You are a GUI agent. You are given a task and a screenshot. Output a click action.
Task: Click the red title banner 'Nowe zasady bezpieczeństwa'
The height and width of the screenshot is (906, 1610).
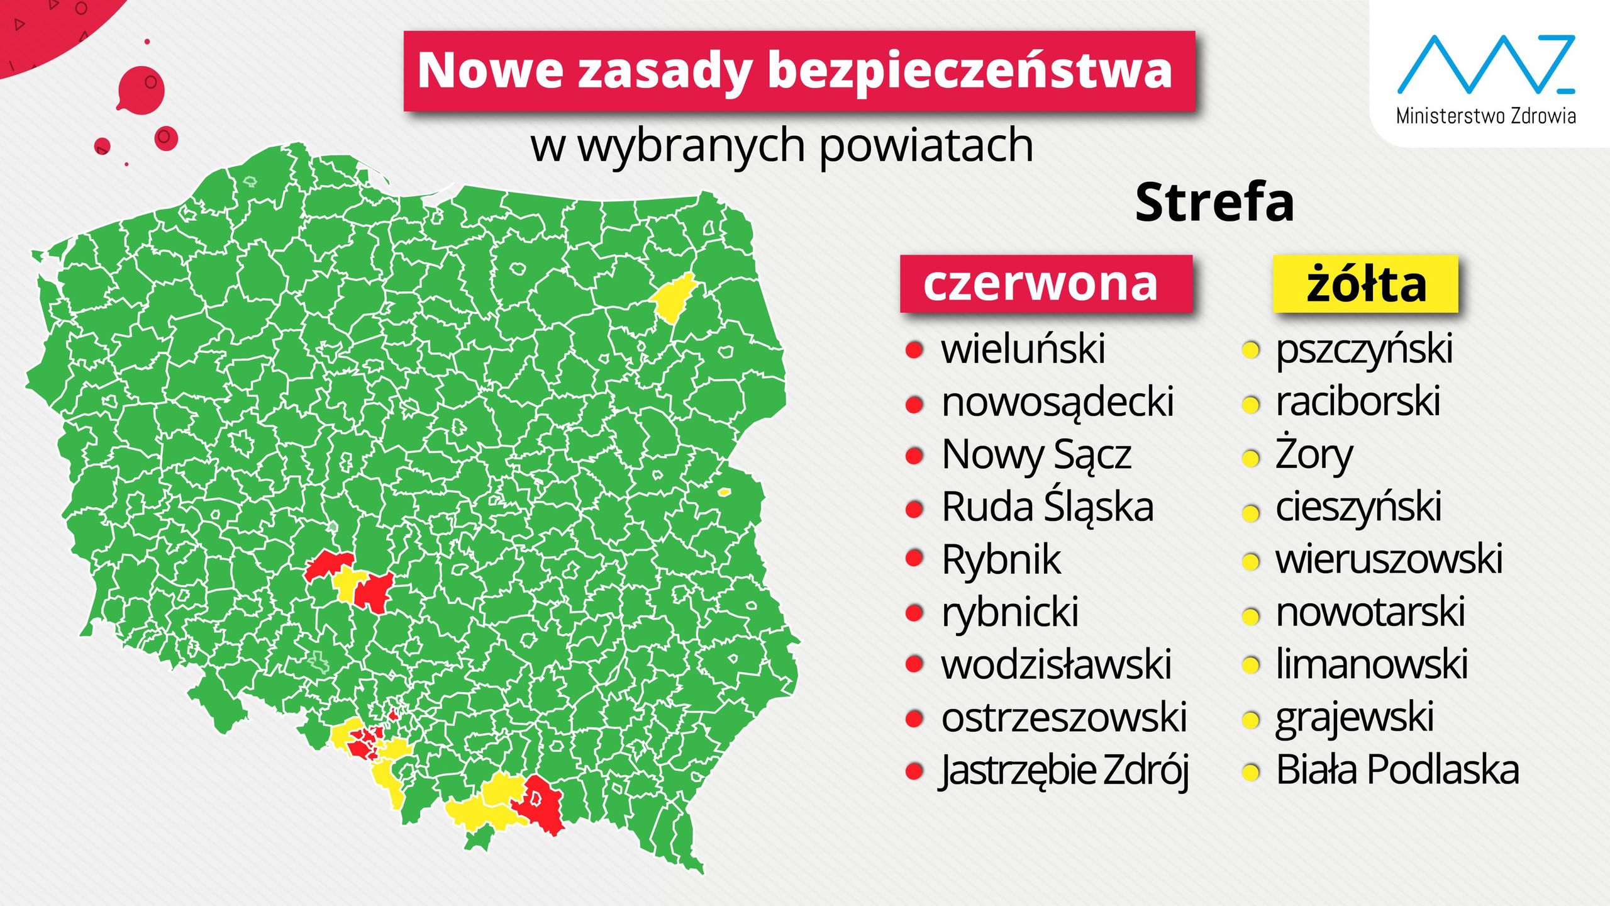pyautogui.click(x=799, y=70)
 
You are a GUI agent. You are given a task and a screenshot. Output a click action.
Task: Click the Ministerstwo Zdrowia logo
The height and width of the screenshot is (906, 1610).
pyautogui.click(x=1485, y=79)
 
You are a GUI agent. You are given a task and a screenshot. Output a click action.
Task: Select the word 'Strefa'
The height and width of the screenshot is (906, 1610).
pyautogui.click(x=1214, y=203)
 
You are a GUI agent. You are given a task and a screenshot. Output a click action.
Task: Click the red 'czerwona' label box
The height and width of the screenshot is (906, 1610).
pyautogui.click(x=1046, y=284)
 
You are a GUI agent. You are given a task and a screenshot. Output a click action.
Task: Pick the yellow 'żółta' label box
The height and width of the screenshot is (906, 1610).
pyautogui.click(x=1365, y=284)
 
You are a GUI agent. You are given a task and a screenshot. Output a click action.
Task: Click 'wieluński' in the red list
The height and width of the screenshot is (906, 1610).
pyautogui.click(x=1023, y=349)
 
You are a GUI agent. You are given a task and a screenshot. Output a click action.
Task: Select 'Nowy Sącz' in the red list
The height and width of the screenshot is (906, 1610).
pyautogui.click(x=1036, y=454)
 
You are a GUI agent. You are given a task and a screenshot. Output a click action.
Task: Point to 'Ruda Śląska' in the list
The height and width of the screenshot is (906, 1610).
pyautogui.click(x=1048, y=507)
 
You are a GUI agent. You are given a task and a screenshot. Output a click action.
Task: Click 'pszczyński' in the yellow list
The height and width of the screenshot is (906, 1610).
pyautogui.click(x=1364, y=349)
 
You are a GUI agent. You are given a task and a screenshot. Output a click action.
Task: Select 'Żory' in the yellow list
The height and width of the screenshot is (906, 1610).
pyautogui.click(x=1314, y=454)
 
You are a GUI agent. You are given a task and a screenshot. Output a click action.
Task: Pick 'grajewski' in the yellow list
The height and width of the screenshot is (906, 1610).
pyautogui.click(x=1355, y=717)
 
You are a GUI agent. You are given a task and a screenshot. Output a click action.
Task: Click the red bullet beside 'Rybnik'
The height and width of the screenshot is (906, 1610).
pyautogui.click(x=914, y=558)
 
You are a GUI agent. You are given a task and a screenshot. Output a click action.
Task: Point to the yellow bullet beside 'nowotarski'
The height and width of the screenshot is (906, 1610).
pyautogui.click(x=1251, y=615)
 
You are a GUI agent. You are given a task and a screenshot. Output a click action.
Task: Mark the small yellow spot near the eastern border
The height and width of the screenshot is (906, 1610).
pyautogui.click(x=724, y=492)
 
